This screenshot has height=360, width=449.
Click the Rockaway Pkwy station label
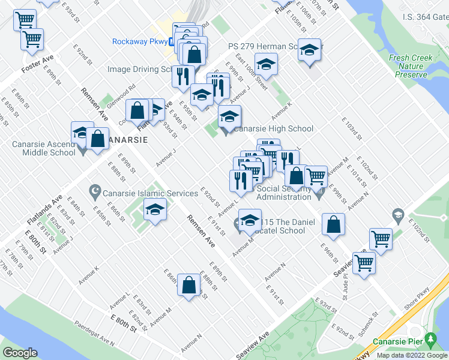coord(140,41)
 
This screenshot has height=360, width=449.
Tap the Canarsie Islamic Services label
coord(150,193)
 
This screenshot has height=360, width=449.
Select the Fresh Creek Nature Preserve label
coord(415,66)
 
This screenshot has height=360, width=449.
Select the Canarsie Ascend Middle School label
coord(43,148)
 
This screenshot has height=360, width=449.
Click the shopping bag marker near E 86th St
coord(188,286)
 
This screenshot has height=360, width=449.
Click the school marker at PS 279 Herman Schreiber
coord(309,50)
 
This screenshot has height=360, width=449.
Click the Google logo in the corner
coord(20,353)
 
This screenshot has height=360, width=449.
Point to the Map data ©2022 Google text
coord(412,355)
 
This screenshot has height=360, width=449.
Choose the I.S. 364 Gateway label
coord(425,17)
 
